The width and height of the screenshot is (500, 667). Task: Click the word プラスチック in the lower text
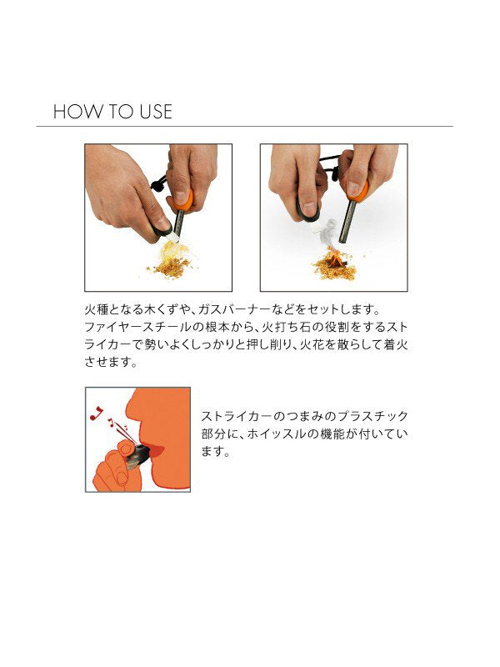point(367,415)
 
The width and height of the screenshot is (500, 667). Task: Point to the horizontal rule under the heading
point(244,127)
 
